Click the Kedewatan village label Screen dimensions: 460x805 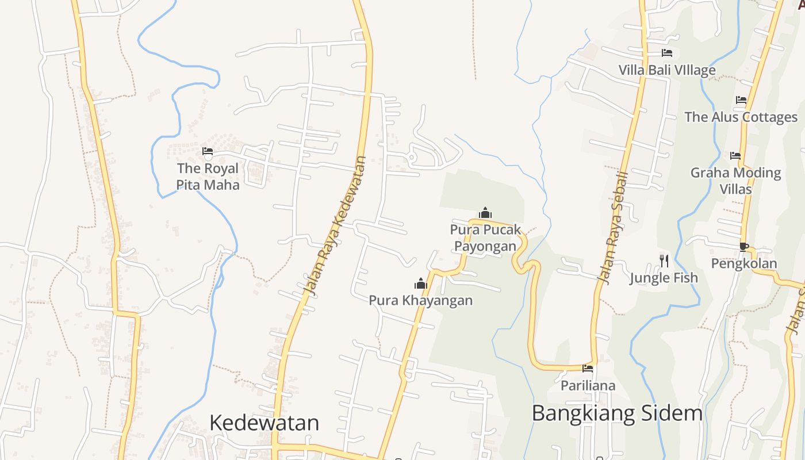pyautogui.click(x=264, y=423)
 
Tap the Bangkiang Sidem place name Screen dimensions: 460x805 pyautogui.click(x=617, y=413)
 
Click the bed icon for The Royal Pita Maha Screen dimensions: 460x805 pyautogui.click(x=208, y=151)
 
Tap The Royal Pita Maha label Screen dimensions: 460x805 pyautogui.click(x=208, y=177)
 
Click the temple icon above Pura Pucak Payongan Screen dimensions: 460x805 pyautogui.click(x=485, y=213)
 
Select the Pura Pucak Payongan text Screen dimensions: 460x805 pyautogui.click(x=485, y=237)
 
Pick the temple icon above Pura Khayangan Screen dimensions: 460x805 pyautogui.click(x=421, y=283)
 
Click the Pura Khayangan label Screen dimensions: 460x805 pyautogui.click(x=421, y=300)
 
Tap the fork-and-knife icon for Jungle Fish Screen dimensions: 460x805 pyautogui.click(x=664, y=261)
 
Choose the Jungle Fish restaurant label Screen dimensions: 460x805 pyautogui.click(x=664, y=278)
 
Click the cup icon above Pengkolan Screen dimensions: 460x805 pyautogui.click(x=743, y=247)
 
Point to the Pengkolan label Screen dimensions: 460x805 pyautogui.click(x=744, y=263)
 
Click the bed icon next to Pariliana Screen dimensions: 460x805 pyautogui.click(x=588, y=368)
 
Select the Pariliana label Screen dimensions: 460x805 pyautogui.click(x=588, y=385)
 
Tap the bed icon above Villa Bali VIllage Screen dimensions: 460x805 pyautogui.click(x=667, y=53)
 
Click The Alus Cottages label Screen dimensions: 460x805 pyautogui.click(x=741, y=117)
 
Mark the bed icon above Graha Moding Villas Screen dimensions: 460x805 pyautogui.click(x=735, y=155)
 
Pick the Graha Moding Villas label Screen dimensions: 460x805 pyautogui.click(x=735, y=181)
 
